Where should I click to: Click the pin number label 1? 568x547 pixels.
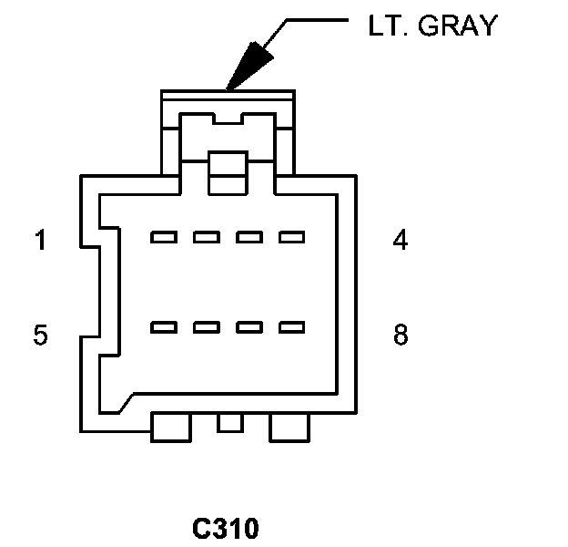(x=40, y=242)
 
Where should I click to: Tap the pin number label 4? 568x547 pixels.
(x=401, y=242)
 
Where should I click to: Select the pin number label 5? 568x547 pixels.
(x=40, y=335)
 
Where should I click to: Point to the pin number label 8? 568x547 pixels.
(x=401, y=335)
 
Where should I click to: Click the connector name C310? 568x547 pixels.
(x=226, y=528)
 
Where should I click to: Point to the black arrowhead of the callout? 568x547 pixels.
(x=248, y=68)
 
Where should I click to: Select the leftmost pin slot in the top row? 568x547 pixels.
(x=163, y=238)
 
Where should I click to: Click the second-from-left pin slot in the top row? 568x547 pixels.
(x=206, y=238)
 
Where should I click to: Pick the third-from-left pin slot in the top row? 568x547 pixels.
(x=248, y=238)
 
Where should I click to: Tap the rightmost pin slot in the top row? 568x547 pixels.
(x=290, y=238)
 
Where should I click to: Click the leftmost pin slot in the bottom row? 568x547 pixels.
(x=163, y=326)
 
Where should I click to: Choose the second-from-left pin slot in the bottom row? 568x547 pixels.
(x=206, y=326)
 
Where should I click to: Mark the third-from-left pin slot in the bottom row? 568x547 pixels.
(x=248, y=326)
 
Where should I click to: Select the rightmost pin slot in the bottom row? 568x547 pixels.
(x=290, y=326)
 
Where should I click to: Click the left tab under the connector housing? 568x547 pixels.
(x=170, y=426)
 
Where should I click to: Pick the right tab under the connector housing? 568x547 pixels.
(x=289, y=426)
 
